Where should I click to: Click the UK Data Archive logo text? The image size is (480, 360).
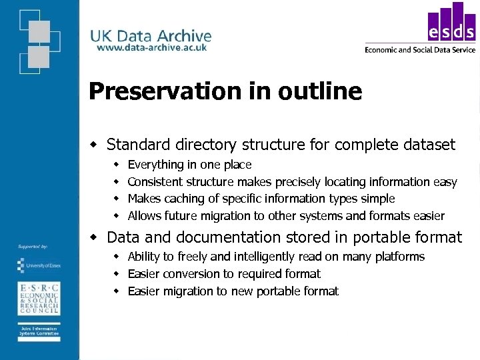[151, 35]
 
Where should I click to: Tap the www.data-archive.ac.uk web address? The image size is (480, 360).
[151, 48]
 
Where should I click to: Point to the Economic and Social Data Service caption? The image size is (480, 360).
[420, 49]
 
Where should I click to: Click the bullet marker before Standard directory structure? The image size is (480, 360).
[95, 145]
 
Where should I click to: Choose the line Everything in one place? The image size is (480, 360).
[189, 165]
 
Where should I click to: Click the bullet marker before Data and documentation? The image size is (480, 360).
[95, 237]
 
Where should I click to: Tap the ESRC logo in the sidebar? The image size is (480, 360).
[38, 298]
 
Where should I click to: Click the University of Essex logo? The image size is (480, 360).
[38, 265]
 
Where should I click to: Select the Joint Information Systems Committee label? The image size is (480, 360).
[38, 332]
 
